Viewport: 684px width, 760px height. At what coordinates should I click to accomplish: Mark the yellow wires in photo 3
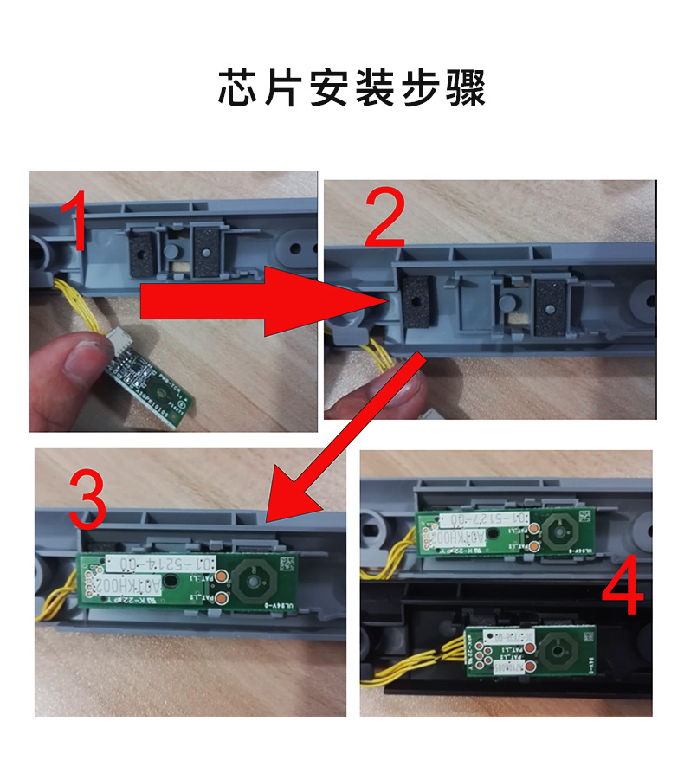(x=58, y=598)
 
